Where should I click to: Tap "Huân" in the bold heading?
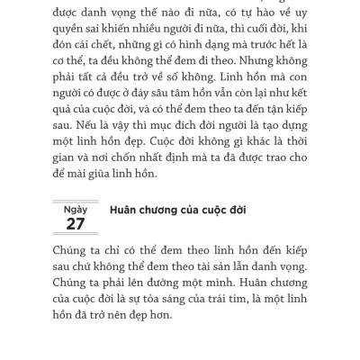(123, 214)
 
